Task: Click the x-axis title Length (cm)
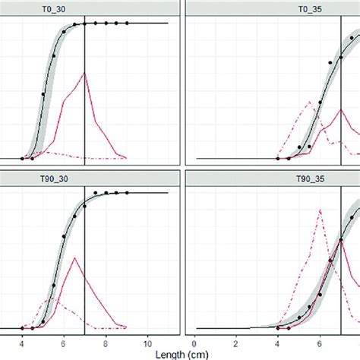click(180, 353)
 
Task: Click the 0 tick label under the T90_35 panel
click(196, 340)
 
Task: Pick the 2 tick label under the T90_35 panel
click(237, 340)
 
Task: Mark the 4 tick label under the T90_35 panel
click(278, 340)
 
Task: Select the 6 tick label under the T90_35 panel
click(320, 340)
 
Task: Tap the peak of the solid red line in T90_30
click(74, 258)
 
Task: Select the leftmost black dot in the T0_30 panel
click(23, 158)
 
